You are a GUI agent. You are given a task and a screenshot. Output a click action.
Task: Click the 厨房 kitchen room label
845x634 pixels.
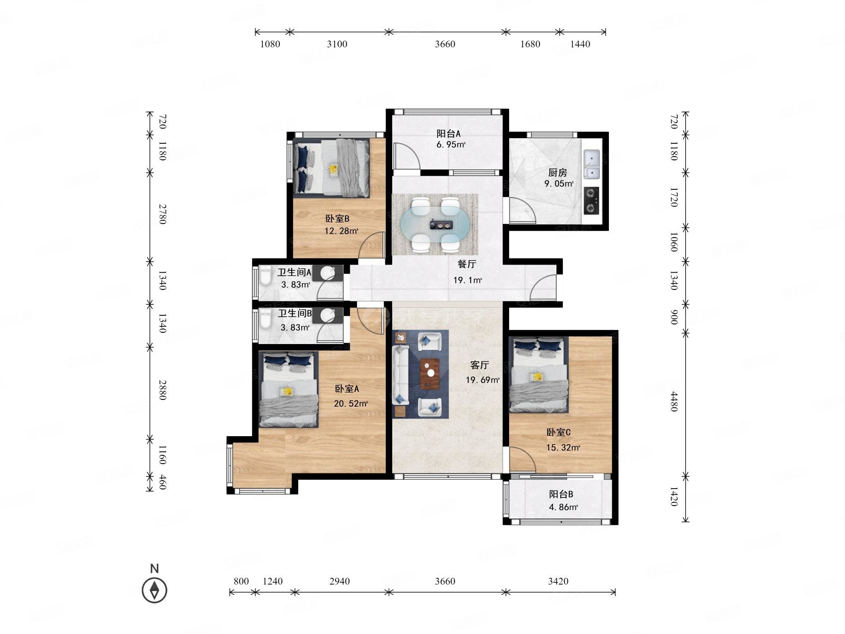coord(557,172)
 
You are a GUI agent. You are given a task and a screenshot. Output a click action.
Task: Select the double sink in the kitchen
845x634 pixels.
coord(592,164)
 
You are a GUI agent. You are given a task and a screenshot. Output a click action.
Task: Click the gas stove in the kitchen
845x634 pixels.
coord(591,201)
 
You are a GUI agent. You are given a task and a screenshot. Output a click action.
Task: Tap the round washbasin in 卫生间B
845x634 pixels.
coord(328,315)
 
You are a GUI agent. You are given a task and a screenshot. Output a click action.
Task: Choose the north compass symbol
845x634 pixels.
coord(155,590)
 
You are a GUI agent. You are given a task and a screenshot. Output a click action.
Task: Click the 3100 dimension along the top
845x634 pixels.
coord(337,44)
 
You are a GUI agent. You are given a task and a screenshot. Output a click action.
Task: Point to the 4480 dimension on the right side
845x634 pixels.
coord(674,402)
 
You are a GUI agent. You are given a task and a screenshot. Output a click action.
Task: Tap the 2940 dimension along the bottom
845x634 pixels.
coord(340,581)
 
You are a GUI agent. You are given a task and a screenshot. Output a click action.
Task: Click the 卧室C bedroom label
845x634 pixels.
coord(559,432)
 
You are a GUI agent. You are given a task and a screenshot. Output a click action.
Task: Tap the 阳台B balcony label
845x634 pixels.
coord(561,494)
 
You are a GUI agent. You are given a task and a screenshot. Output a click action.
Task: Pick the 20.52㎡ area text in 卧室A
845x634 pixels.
coord(351,403)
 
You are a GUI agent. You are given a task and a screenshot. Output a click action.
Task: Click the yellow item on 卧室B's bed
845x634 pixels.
coord(334,170)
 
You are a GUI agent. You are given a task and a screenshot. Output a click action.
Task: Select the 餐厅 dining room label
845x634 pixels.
coord(467,264)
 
